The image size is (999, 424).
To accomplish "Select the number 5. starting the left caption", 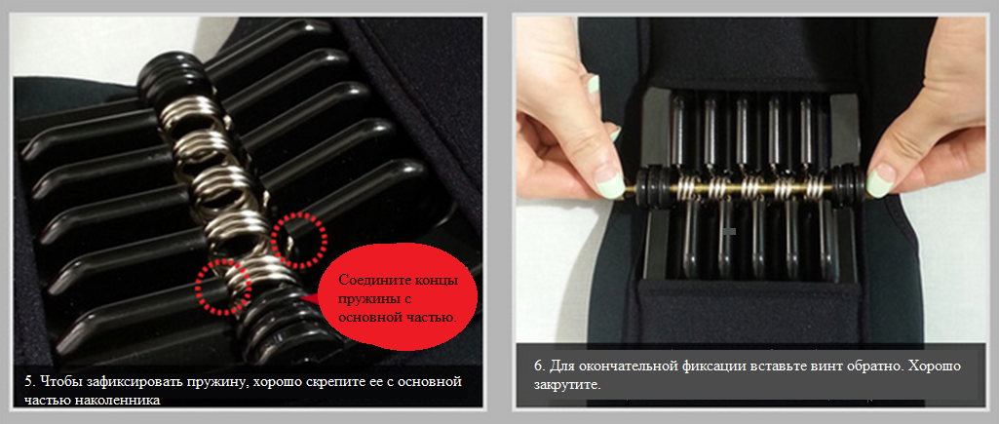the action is point(28,382).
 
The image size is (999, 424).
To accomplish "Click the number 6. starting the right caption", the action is point(539,367).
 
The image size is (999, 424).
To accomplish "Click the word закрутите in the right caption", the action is point(564,385).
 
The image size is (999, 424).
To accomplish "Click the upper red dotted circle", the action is point(299,239).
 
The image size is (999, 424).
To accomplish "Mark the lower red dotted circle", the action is point(223,287).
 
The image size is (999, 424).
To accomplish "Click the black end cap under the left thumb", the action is point(650,184).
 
